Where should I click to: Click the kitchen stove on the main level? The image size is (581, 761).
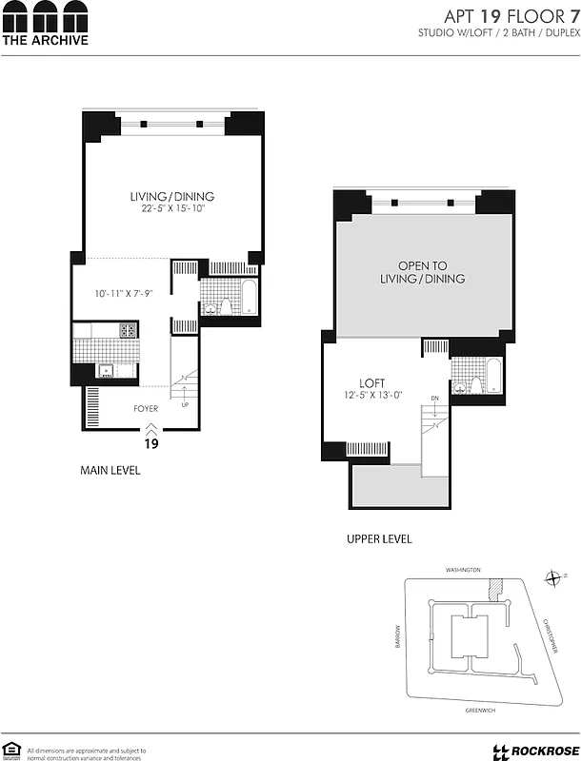click(129, 331)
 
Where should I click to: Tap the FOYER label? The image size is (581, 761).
click(146, 408)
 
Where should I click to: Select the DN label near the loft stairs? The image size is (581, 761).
click(434, 398)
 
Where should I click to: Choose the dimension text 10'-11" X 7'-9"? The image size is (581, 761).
click(124, 295)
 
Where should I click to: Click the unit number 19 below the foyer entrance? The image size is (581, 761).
click(150, 443)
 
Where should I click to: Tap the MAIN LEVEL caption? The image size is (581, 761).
click(110, 470)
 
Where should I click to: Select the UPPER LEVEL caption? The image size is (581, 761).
click(379, 538)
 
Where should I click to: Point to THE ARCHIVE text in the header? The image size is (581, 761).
click(45, 40)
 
